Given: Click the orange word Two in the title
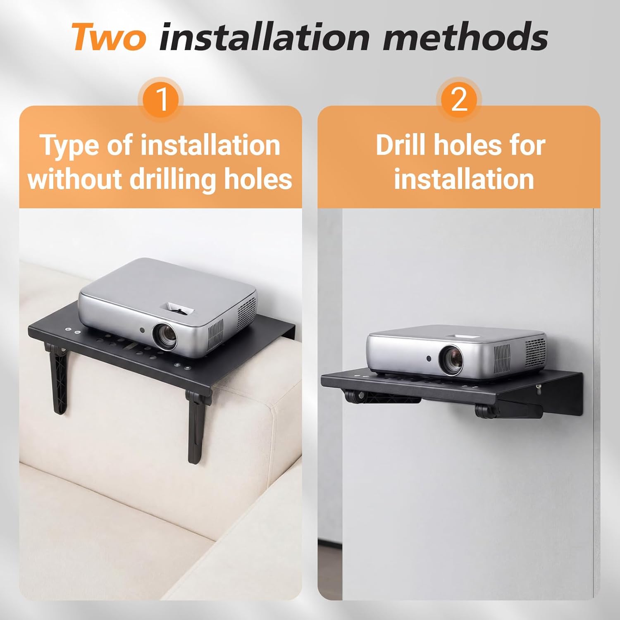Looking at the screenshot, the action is (109, 37).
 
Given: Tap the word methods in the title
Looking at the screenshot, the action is (465, 37).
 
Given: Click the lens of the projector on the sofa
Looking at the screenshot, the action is (165, 335).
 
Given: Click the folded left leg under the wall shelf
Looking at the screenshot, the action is (382, 397).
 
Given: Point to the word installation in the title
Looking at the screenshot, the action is (265, 37).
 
